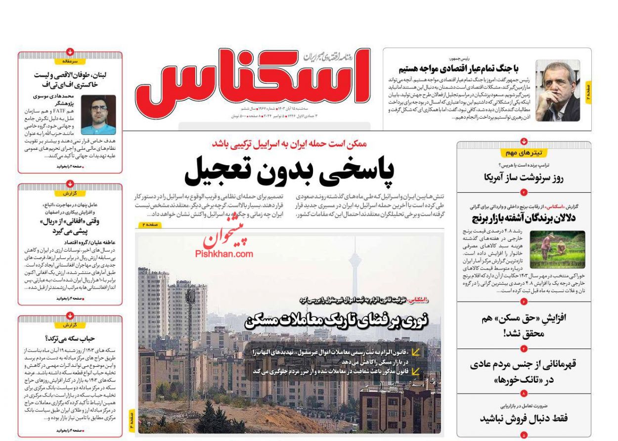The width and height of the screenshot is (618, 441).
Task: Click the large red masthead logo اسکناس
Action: point(252,79)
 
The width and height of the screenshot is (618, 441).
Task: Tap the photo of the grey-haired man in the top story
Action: point(558,90)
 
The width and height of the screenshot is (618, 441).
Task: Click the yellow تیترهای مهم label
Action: point(524,153)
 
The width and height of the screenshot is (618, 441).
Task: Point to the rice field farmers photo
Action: point(557,249)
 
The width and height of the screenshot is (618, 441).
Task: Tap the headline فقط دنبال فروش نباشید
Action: point(524,418)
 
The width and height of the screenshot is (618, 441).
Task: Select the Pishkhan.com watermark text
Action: point(224,254)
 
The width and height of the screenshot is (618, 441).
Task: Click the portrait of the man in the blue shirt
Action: point(98,115)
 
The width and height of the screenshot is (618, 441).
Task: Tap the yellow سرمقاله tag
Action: point(70,62)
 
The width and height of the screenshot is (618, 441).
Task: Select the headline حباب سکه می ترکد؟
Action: point(70,339)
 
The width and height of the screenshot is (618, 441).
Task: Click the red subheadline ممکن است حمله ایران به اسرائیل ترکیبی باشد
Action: point(289,144)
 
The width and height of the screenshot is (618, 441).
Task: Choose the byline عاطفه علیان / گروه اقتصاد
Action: point(70,242)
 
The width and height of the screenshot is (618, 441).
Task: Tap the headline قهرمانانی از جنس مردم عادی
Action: point(524,365)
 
